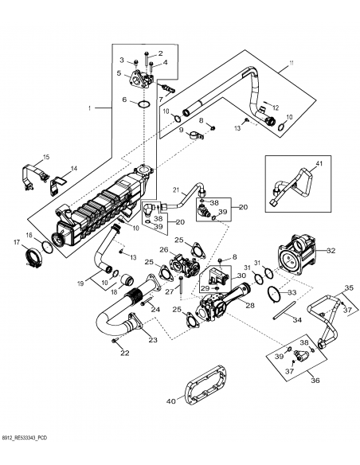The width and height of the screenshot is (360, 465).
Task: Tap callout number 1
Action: click(x=90, y=107)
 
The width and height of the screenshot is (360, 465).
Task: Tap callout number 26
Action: click(x=163, y=249)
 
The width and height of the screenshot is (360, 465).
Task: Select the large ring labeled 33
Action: click(x=274, y=291)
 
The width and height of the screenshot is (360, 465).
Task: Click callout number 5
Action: click(x=119, y=73)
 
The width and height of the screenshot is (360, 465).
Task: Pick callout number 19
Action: click(x=80, y=283)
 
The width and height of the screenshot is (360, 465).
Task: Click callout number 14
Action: click(x=73, y=168)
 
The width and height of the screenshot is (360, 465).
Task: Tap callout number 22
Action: click(x=123, y=353)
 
